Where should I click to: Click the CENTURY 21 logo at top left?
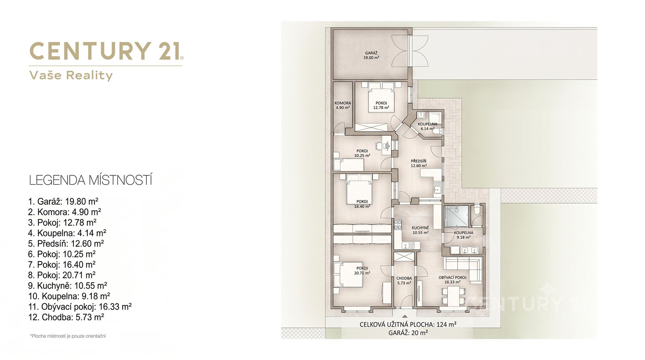(x=106, y=51)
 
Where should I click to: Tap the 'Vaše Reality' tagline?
(x=71, y=75)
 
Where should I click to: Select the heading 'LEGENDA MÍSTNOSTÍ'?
(x=91, y=180)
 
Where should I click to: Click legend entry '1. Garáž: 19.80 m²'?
(x=63, y=201)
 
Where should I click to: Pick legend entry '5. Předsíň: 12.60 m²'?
(x=66, y=243)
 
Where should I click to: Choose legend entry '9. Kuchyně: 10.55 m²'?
(x=68, y=285)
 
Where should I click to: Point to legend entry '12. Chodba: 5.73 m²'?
(x=66, y=317)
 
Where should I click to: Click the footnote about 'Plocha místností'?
(x=68, y=336)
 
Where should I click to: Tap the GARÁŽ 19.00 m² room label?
(x=371, y=55)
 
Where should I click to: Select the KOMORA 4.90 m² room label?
(x=343, y=105)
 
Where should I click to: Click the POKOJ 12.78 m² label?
(x=381, y=105)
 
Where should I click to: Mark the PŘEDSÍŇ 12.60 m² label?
(x=419, y=163)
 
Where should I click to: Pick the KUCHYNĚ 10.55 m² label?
(x=420, y=230)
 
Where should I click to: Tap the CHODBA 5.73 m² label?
(x=404, y=280)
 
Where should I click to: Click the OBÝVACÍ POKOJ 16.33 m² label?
(x=452, y=280)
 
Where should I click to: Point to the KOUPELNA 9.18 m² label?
(x=464, y=235)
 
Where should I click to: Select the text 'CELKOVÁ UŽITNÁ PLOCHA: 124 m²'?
(x=408, y=324)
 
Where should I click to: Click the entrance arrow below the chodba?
(x=405, y=316)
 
